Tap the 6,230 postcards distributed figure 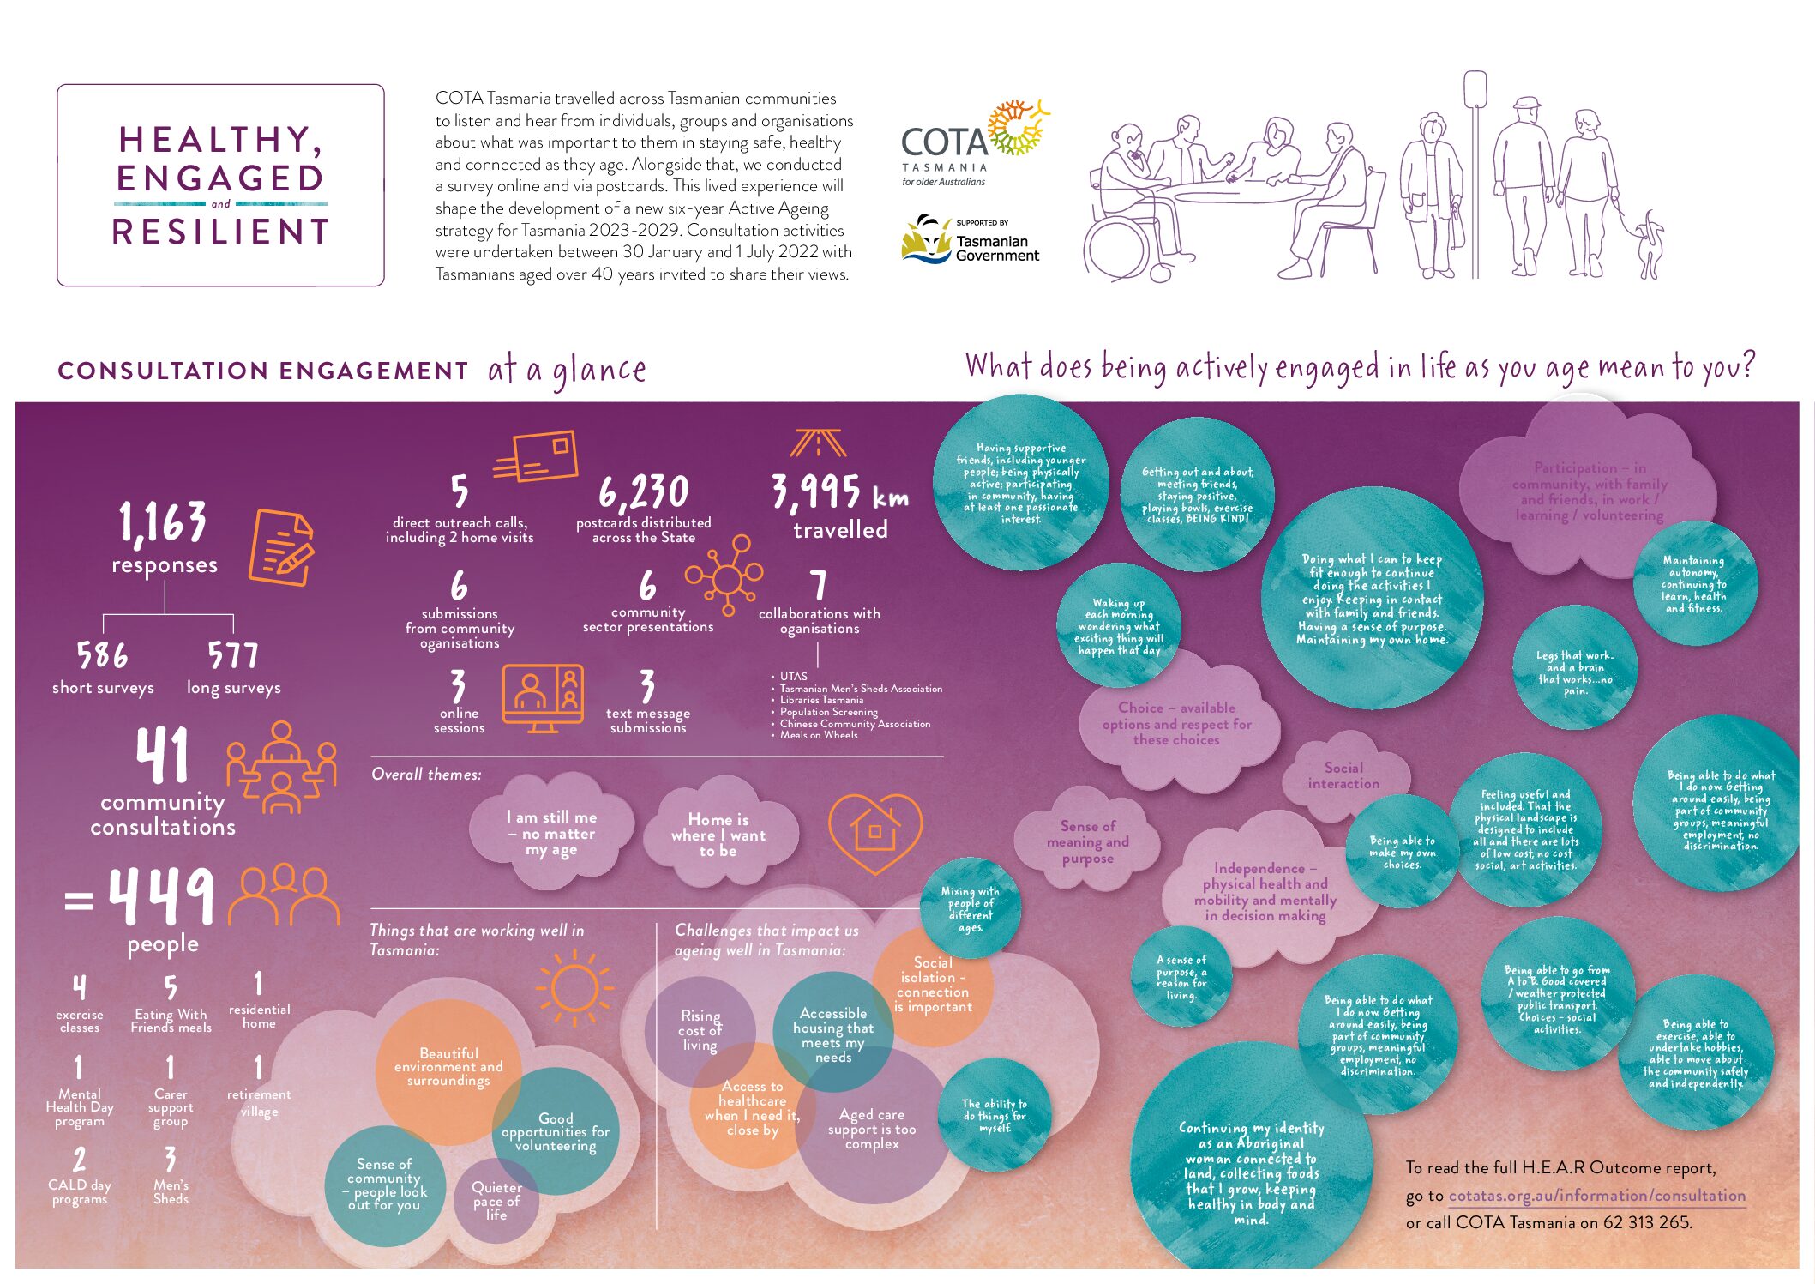[643, 493]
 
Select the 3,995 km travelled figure [838, 493]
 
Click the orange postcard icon [538, 456]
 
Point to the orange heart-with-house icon [874, 830]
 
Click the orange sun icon [574, 989]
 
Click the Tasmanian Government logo [970, 241]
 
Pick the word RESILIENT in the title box [220, 232]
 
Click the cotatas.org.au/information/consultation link [1596, 1196]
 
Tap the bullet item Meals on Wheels [818, 735]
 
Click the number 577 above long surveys [232, 656]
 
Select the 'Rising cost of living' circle [700, 1029]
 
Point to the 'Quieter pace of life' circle [496, 1200]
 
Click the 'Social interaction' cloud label [1343, 775]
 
